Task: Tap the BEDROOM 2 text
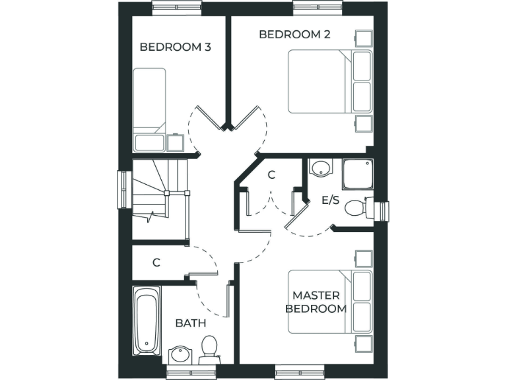(x=294, y=34)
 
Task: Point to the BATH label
(x=190, y=323)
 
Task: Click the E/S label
(x=330, y=200)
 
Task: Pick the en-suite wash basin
(x=321, y=168)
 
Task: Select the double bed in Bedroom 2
(x=330, y=82)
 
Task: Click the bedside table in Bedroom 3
(x=176, y=143)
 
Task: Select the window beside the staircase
(x=122, y=191)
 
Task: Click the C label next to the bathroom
(x=156, y=263)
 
